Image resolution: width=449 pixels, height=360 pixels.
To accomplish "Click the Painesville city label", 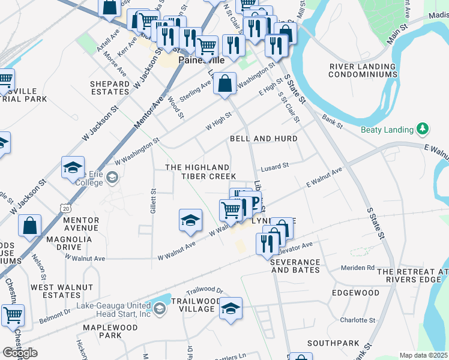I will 196,61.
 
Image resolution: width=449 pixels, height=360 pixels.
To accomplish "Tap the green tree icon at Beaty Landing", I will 423,129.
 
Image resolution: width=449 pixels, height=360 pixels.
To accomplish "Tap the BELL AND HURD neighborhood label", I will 264,139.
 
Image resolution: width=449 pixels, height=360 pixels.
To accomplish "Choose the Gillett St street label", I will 154,201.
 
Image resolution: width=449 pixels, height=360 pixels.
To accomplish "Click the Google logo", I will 20,353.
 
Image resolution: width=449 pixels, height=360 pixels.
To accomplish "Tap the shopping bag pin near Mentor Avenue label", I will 29,227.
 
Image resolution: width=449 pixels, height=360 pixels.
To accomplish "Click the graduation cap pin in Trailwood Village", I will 231,308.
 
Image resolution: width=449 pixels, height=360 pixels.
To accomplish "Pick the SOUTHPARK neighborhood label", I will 328,344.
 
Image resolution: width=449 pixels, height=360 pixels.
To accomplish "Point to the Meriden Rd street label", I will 357,268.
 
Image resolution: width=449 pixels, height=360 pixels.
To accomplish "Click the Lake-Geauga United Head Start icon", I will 159,309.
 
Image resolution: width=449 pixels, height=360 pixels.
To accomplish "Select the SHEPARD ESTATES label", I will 109,88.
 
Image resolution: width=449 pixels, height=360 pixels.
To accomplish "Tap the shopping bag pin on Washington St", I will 224,85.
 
